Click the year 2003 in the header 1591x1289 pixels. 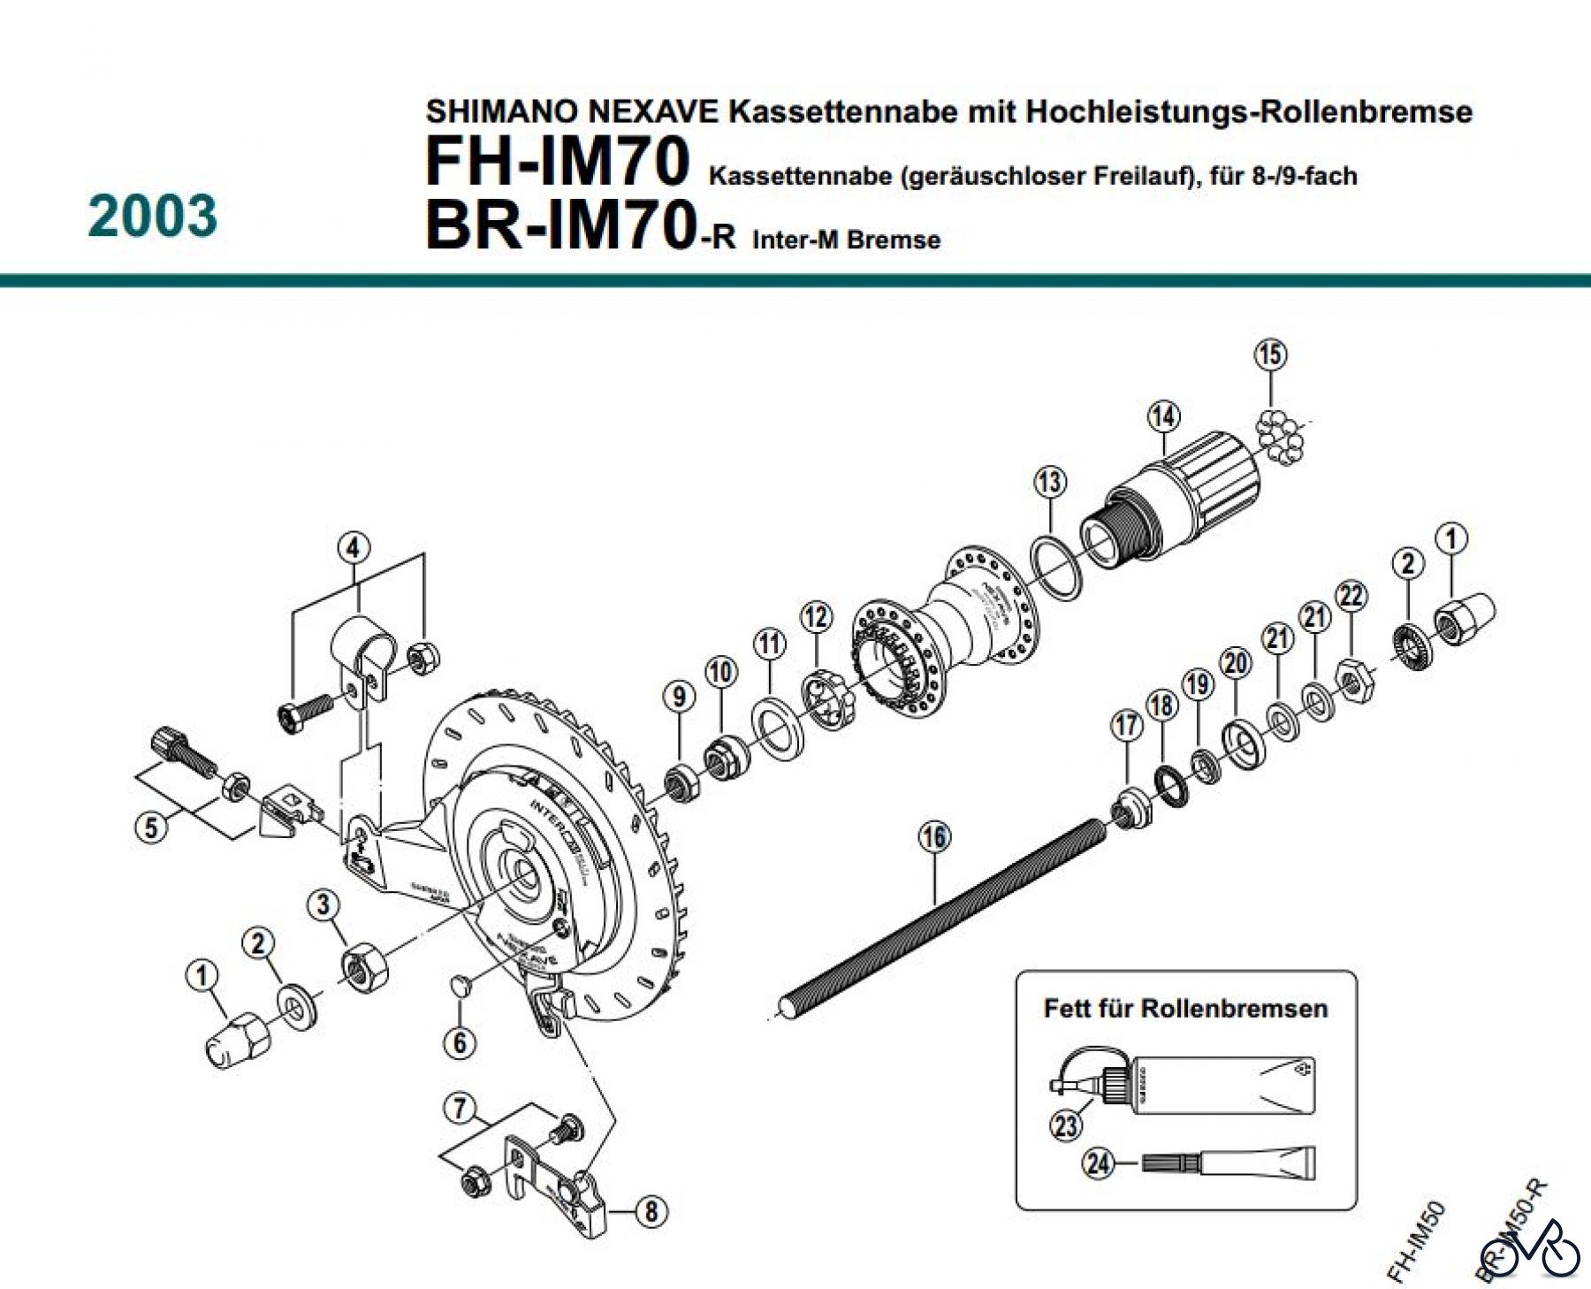(152, 217)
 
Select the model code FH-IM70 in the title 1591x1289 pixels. (557, 162)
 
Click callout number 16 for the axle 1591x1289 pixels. (934, 836)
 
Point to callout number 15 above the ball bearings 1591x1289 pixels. (1270, 355)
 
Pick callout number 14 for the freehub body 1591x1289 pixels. (1163, 416)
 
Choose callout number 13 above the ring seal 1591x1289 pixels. (1050, 483)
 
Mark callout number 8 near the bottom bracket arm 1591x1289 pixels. (651, 1210)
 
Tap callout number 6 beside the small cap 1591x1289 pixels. (460, 1042)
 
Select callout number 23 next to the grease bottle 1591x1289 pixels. (1066, 1125)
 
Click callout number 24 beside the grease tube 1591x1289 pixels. (1099, 1163)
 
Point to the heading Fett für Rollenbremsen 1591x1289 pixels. (1185, 1009)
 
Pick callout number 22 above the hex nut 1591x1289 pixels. (1351, 596)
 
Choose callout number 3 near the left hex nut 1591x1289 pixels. (324, 904)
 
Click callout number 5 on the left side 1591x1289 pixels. (151, 828)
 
